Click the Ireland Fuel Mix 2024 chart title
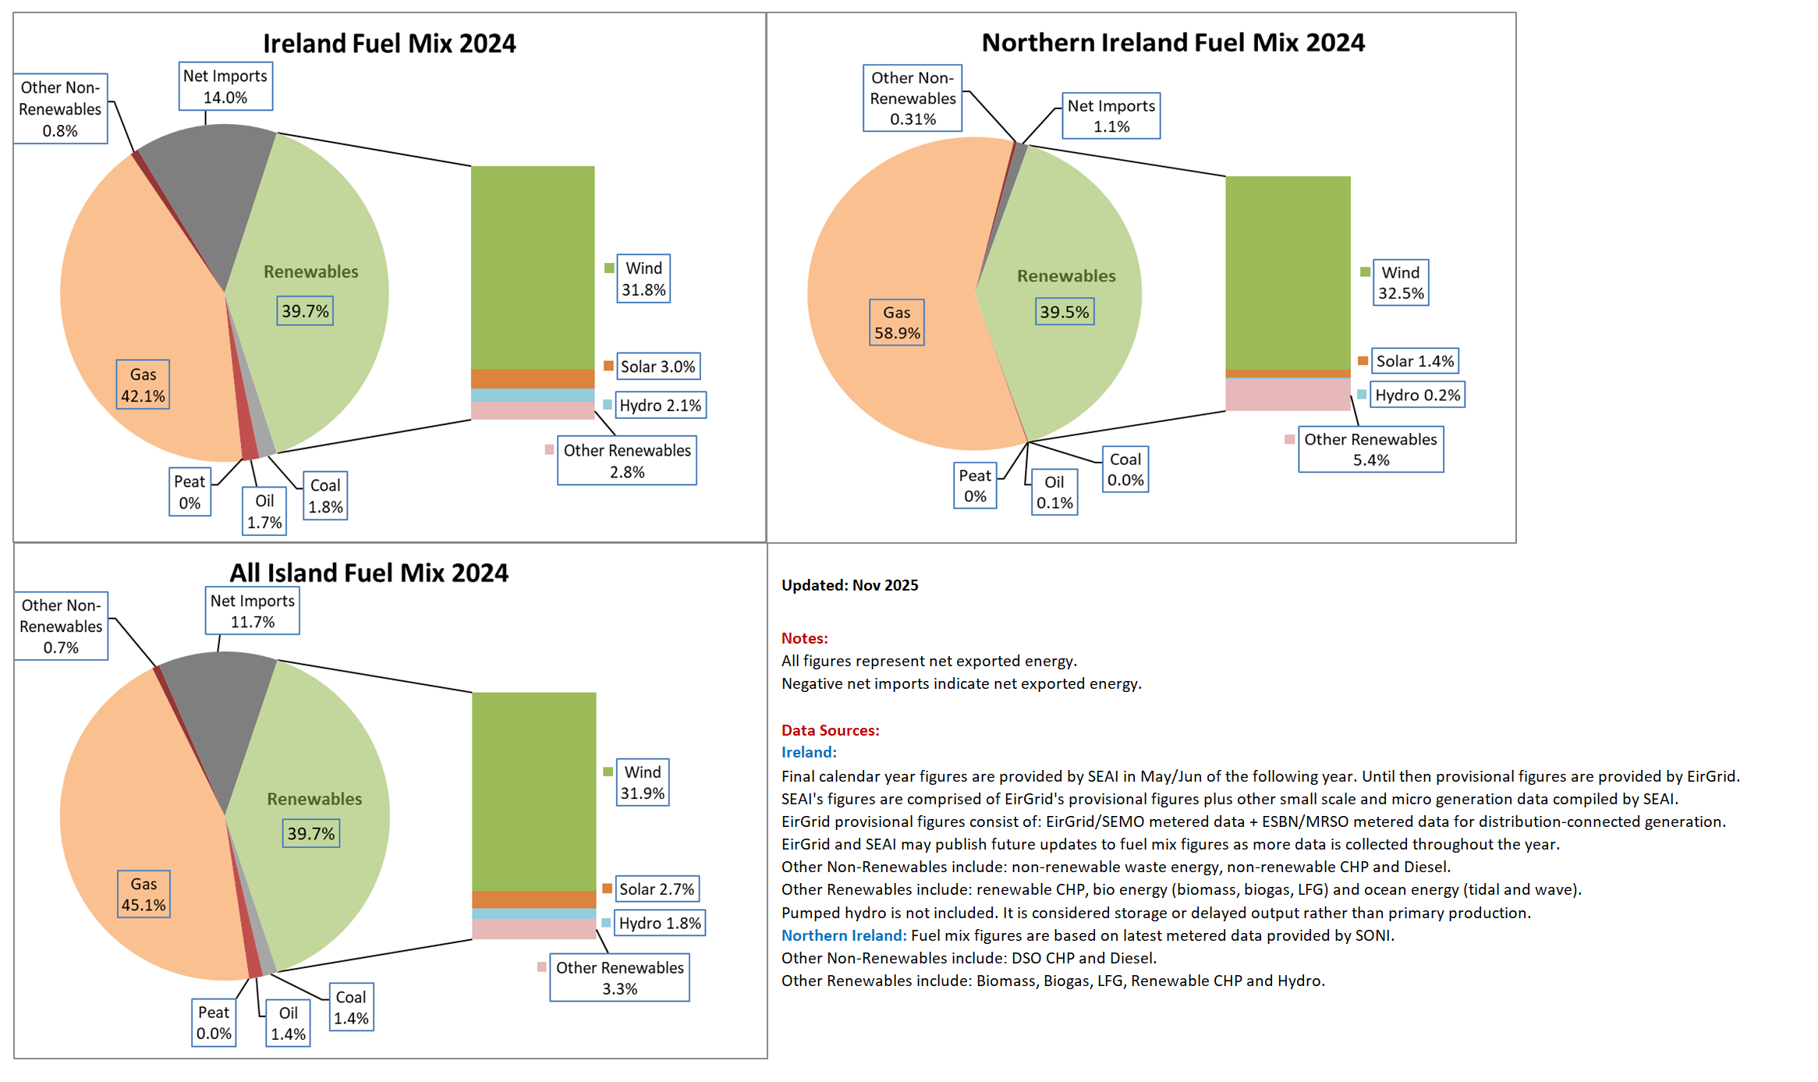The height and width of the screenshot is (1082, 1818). coord(389,43)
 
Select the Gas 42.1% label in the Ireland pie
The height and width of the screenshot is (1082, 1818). coord(143,385)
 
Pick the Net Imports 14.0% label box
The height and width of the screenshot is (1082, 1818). coord(225,87)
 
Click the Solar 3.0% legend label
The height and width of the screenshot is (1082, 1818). coord(657,367)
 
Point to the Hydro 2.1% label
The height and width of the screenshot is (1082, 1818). coord(660,406)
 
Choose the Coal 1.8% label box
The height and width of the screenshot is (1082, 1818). coord(325,496)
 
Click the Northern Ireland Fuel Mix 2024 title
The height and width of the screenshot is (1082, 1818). coord(1173,42)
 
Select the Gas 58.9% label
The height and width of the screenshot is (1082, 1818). coord(897,322)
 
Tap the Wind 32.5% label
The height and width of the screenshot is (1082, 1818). coord(1401,282)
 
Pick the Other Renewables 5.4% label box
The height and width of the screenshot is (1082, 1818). coord(1370,449)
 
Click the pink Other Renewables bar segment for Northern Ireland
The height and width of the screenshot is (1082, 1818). coord(1288,395)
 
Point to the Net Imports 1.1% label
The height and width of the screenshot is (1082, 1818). coord(1111,116)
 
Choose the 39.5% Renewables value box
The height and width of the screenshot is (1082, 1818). coord(1065,312)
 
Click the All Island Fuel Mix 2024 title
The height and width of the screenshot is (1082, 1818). coord(369,573)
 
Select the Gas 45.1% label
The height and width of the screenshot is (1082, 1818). coord(144,894)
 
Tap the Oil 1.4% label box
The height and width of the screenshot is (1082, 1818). coord(288,1023)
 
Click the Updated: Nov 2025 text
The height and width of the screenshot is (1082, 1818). coord(850,585)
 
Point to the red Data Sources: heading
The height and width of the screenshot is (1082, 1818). coord(831,730)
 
